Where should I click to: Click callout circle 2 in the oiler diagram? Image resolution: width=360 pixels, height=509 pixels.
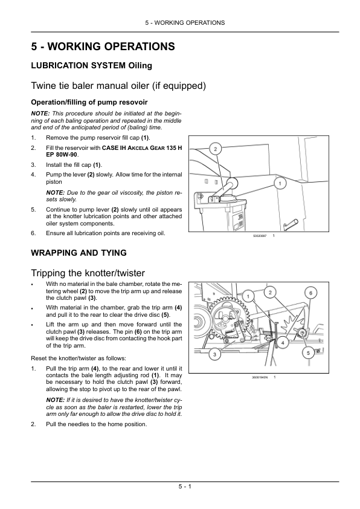216,149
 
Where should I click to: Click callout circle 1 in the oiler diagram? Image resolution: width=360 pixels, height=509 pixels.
280,183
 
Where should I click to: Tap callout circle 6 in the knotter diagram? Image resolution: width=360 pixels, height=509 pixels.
310,293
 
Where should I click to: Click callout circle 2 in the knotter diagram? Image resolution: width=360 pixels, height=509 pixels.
270,293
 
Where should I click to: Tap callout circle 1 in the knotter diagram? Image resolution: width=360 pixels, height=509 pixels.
248,296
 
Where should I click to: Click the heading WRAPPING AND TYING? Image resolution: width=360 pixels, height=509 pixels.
79,253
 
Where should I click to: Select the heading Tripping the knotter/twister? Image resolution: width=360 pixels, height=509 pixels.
88,273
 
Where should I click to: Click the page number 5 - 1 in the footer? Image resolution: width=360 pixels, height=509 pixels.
185,486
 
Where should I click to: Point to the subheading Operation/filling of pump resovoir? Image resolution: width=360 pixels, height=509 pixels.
89,102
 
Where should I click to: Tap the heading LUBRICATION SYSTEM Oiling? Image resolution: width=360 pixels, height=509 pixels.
91,65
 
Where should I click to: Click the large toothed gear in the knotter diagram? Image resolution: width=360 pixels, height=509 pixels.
229,318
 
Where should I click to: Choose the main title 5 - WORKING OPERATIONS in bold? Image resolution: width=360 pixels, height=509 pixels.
103,47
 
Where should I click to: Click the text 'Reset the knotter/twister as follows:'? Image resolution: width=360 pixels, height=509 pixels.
79,358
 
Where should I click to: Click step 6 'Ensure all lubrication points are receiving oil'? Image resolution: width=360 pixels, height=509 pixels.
106,233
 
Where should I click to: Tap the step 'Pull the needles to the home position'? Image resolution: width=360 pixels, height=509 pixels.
96,424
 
